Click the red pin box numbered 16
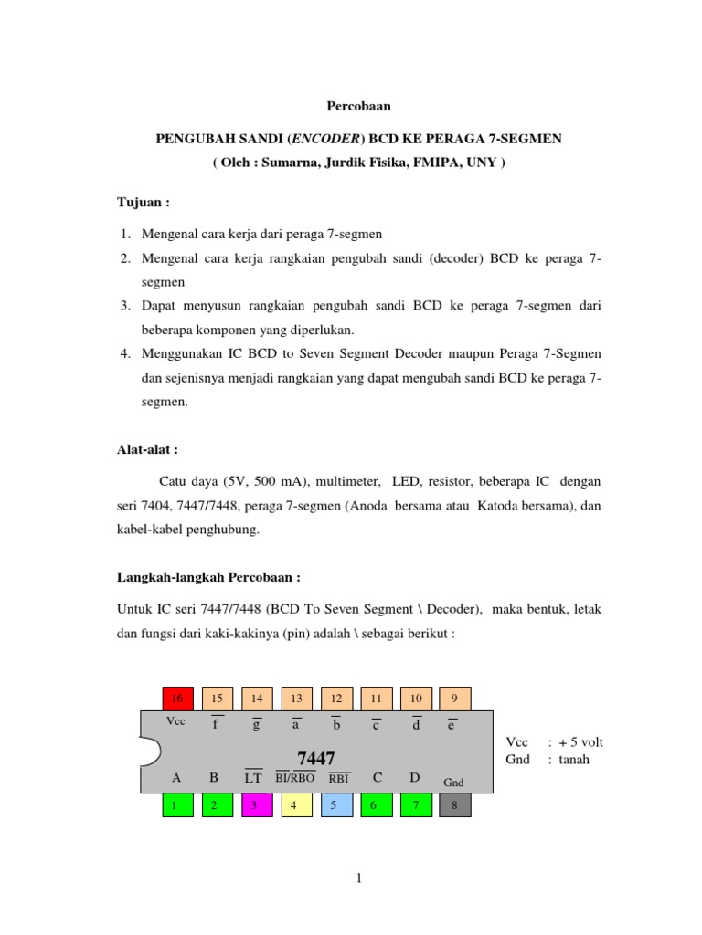click(x=178, y=699)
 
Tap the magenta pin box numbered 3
click(x=257, y=805)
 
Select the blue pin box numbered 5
click(x=335, y=805)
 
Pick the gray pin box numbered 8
click(x=455, y=805)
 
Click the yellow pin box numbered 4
click(x=296, y=805)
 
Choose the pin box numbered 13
click(x=296, y=699)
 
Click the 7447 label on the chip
click(x=316, y=759)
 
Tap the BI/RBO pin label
click(x=295, y=779)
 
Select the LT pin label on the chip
click(x=253, y=779)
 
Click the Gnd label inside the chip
click(x=454, y=783)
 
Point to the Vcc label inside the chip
click(x=176, y=720)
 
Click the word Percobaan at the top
click(x=359, y=106)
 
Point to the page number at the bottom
click(x=359, y=878)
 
